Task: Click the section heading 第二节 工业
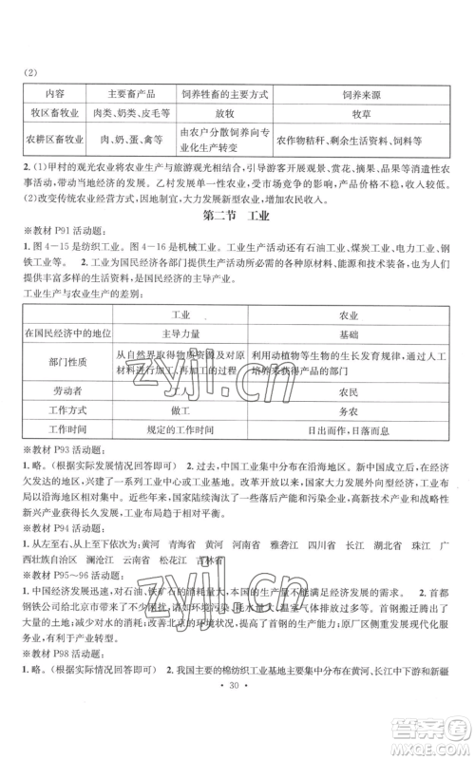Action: point(237,216)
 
